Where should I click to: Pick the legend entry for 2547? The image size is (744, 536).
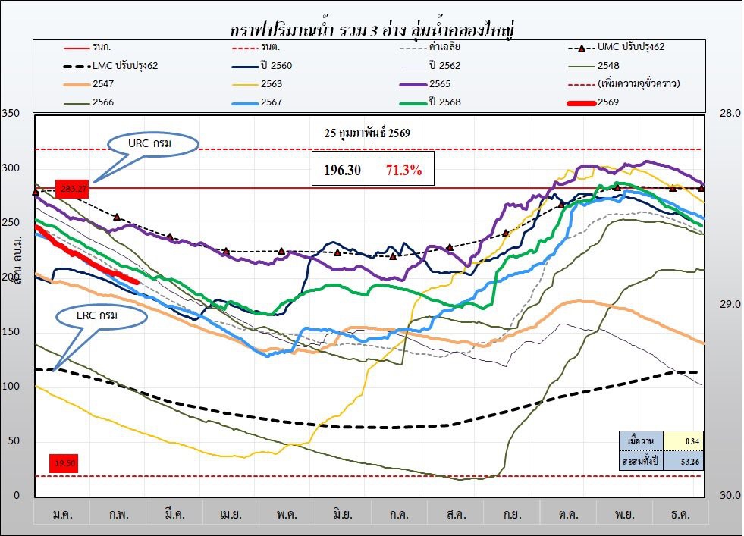(x=107, y=84)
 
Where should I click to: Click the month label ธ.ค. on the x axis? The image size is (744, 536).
(x=680, y=514)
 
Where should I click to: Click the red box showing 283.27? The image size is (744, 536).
(x=72, y=189)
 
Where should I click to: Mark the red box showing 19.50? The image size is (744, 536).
(x=64, y=463)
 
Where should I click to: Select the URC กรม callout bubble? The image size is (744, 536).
(x=152, y=143)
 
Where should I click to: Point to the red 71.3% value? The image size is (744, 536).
(x=403, y=171)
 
